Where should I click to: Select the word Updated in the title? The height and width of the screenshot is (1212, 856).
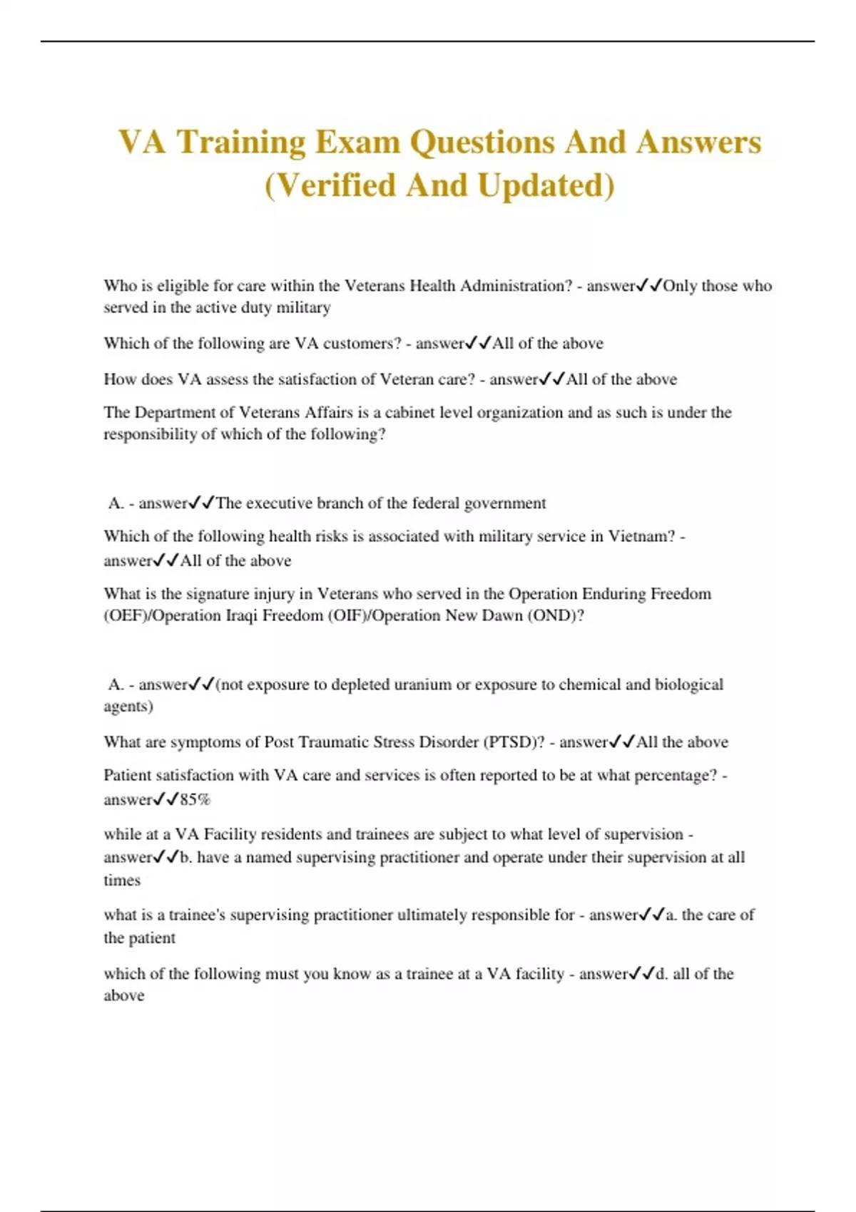[x=546, y=185]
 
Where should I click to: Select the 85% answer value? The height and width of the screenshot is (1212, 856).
[x=195, y=800]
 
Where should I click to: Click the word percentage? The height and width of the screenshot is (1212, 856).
[x=678, y=776]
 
